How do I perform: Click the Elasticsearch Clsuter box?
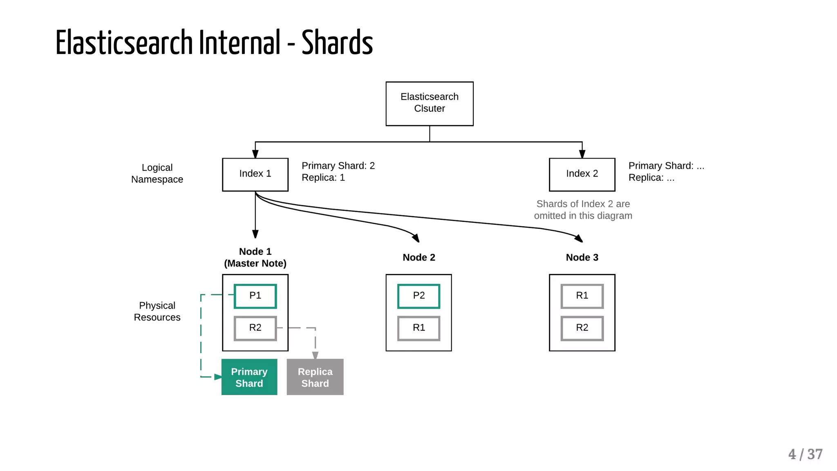[429, 103]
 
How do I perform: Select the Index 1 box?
[255, 174]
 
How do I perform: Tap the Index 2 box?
[582, 174]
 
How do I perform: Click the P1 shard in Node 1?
[255, 296]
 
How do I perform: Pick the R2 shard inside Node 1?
[255, 328]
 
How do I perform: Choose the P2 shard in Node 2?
[418, 296]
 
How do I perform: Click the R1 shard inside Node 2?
[418, 328]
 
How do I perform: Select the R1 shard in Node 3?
[582, 296]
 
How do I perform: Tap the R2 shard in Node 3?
[582, 328]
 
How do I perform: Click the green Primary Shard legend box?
[249, 377]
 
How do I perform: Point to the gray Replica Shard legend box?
[315, 377]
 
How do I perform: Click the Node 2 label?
[418, 258]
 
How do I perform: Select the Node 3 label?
[582, 258]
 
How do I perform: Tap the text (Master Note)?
[255, 264]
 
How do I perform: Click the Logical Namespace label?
[157, 173]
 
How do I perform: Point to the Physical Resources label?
[157, 312]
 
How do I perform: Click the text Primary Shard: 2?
[338, 166]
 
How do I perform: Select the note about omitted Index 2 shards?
[583, 210]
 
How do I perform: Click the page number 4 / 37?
[805, 454]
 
